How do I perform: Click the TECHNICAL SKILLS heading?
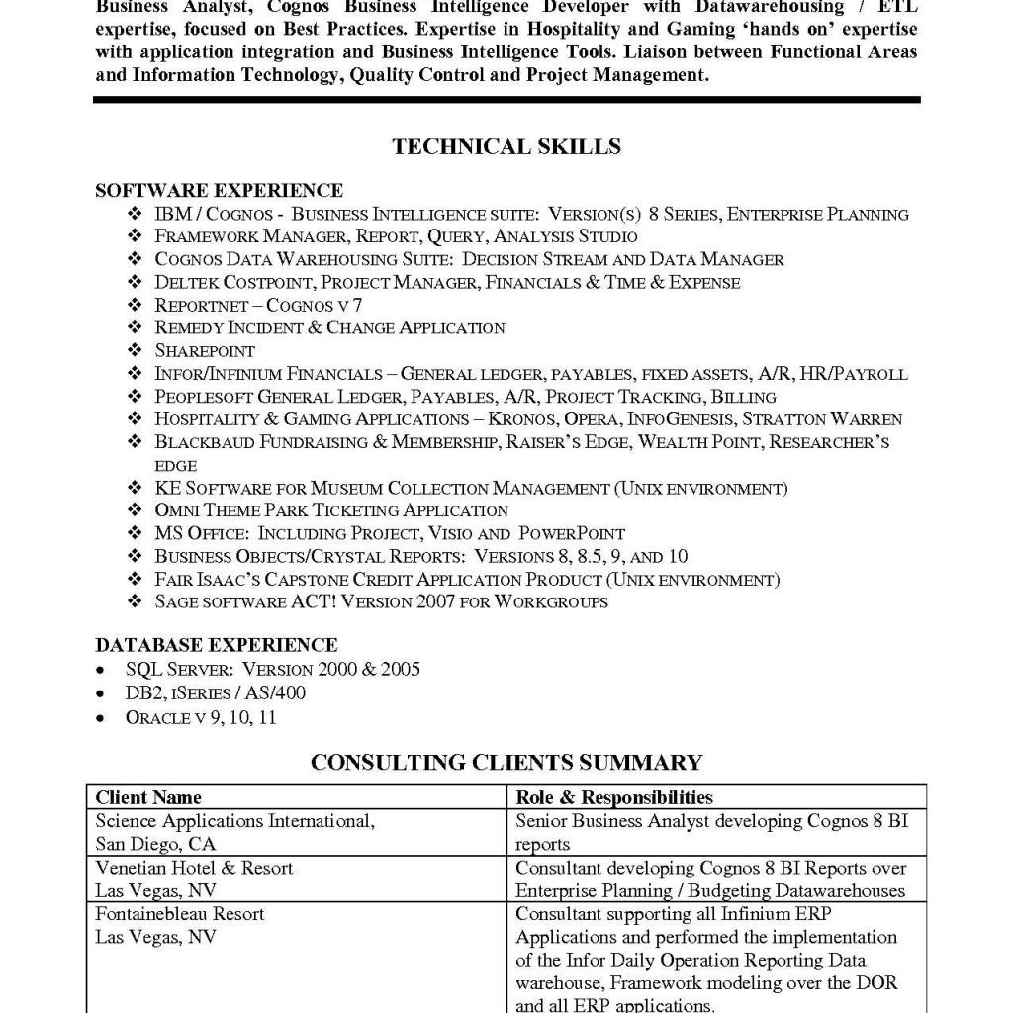point(506,146)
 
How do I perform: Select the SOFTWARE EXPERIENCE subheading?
point(219,191)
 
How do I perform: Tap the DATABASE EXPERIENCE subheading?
point(216,646)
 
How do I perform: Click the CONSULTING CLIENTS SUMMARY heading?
point(506,762)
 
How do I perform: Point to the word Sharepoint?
point(205,350)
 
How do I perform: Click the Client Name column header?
point(148,797)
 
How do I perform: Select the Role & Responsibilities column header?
point(613,797)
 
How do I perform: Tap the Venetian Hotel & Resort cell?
point(194,868)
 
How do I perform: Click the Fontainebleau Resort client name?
point(180,913)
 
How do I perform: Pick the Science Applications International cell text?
point(234,821)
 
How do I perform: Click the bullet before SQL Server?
point(103,671)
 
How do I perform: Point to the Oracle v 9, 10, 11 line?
point(201,717)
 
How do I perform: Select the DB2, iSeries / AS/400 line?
point(215,693)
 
